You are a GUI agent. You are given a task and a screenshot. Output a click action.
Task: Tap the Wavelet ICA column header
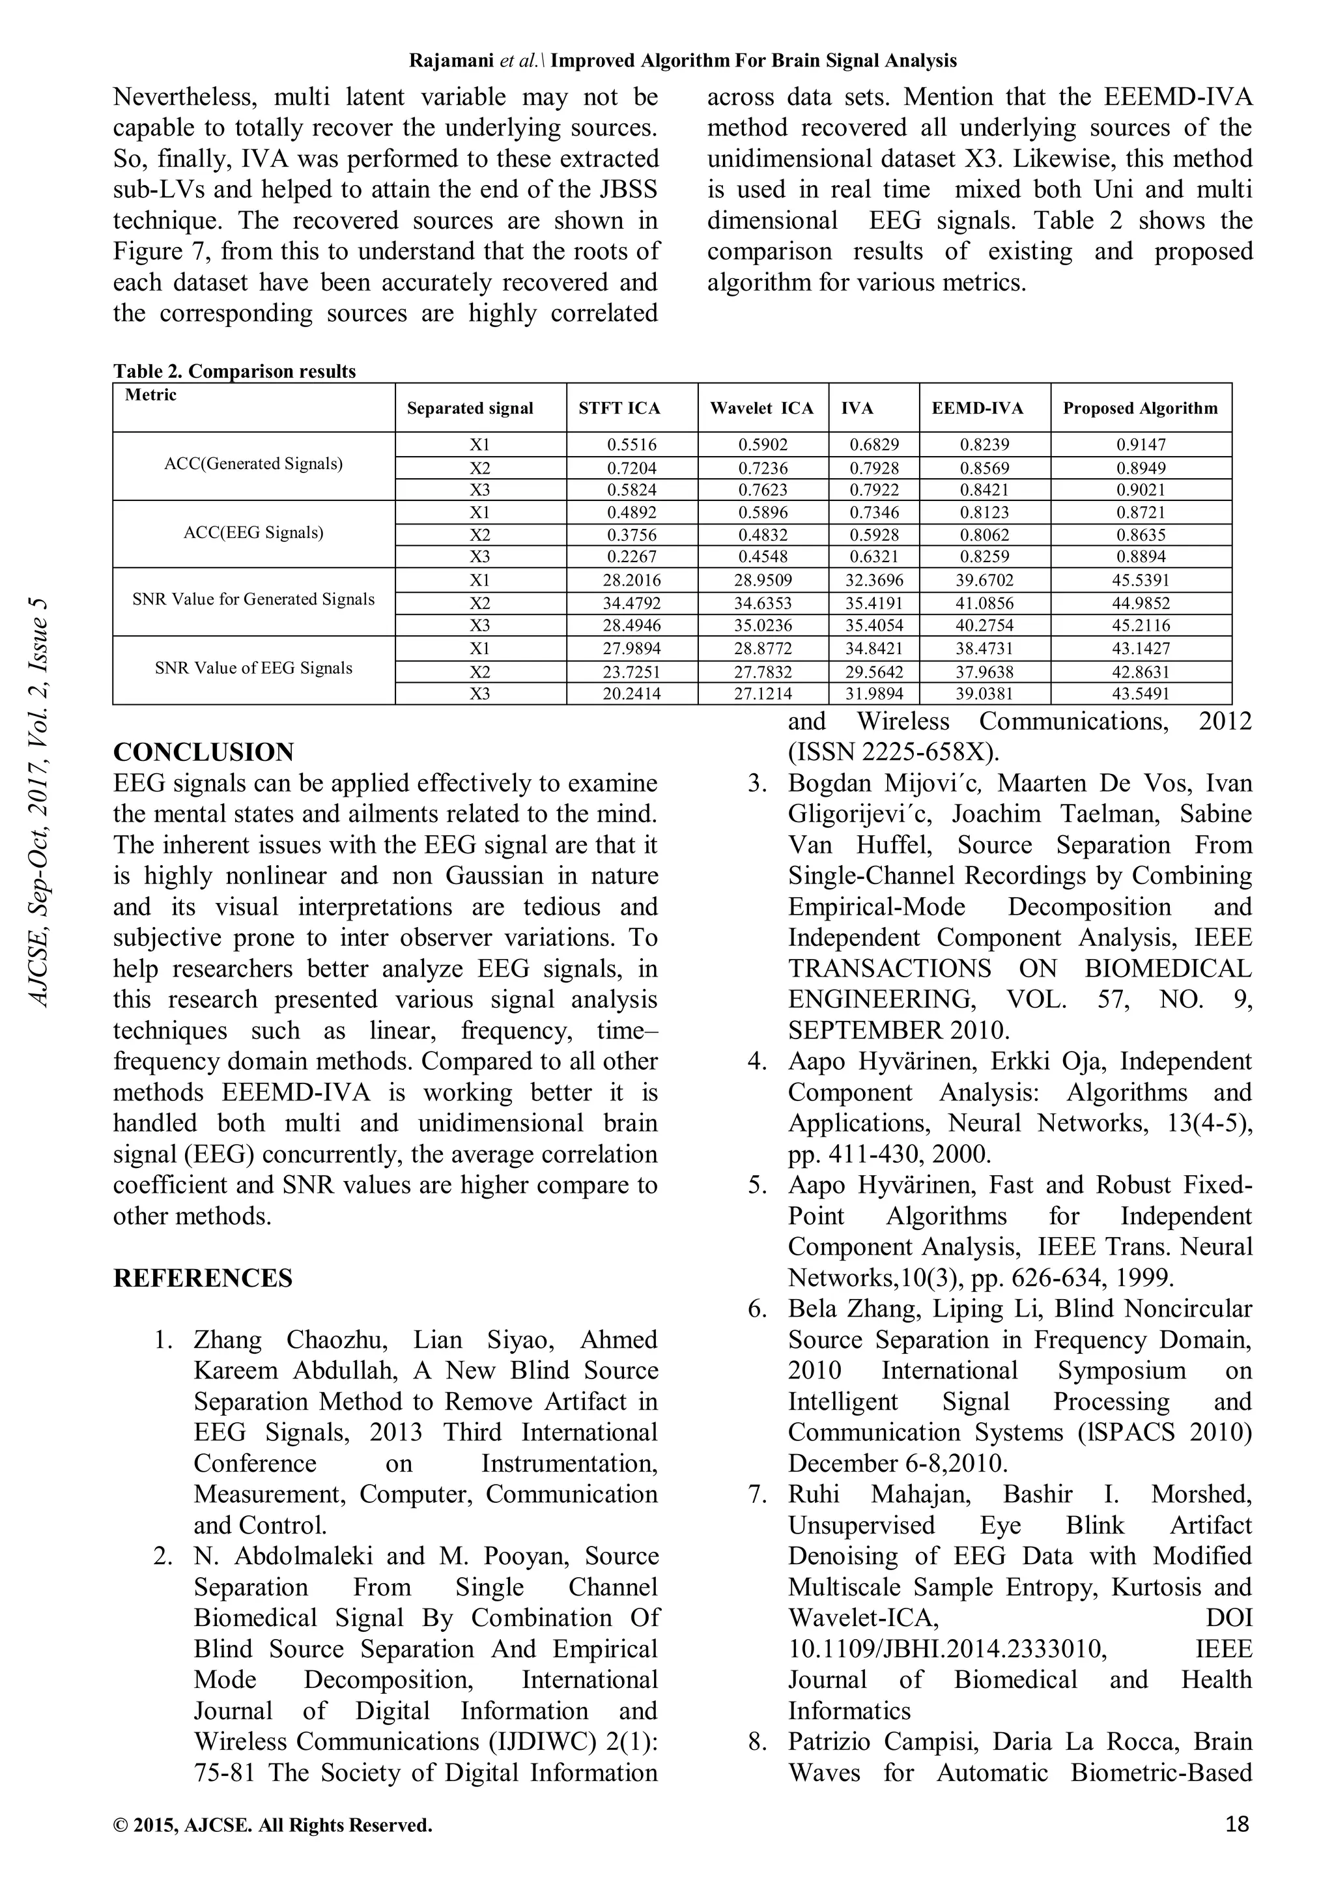(x=761, y=408)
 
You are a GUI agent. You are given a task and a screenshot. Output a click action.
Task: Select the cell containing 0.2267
(x=631, y=557)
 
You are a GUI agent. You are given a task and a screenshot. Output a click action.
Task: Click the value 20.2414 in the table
(x=631, y=693)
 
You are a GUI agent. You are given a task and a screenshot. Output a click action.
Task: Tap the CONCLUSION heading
(x=203, y=752)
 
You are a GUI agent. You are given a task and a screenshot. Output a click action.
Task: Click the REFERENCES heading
(x=202, y=1278)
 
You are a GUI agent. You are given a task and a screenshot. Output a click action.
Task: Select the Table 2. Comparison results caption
(x=234, y=371)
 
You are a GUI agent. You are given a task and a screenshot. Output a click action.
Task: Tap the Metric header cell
(x=150, y=395)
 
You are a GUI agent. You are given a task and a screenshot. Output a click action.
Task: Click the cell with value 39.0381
(x=984, y=693)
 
